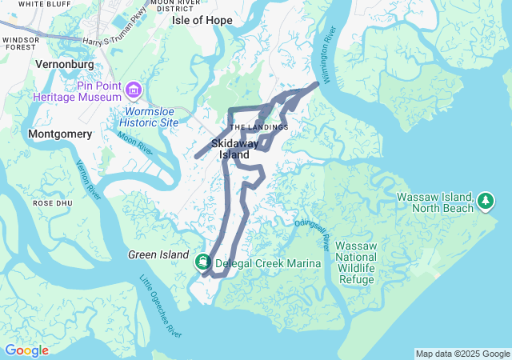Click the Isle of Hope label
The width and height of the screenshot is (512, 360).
pyautogui.click(x=202, y=20)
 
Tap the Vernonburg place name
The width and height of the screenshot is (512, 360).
pyautogui.click(x=66, y=63)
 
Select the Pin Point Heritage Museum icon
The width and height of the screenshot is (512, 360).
pyautogui.click(x=134, y=88)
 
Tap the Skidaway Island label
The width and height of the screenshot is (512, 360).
pyautogui.click(x=235, y=148)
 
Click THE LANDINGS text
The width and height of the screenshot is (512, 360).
pyautogui.click(x=258, y=127)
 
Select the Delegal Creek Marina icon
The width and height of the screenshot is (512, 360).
pyautogui.click(x=203, y=261)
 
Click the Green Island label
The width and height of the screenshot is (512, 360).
pyautogui.click(x=158, y=255)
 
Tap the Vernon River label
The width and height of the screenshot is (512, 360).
pyautogui.click(x=87, y=180)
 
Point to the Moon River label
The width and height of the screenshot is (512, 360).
pyautogui.click(x=134, y=144)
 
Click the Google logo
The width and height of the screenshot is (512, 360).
pyautogui.click(x=26, y=350)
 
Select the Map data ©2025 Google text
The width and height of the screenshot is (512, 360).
pyautogui.click(x=462, y=354)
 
